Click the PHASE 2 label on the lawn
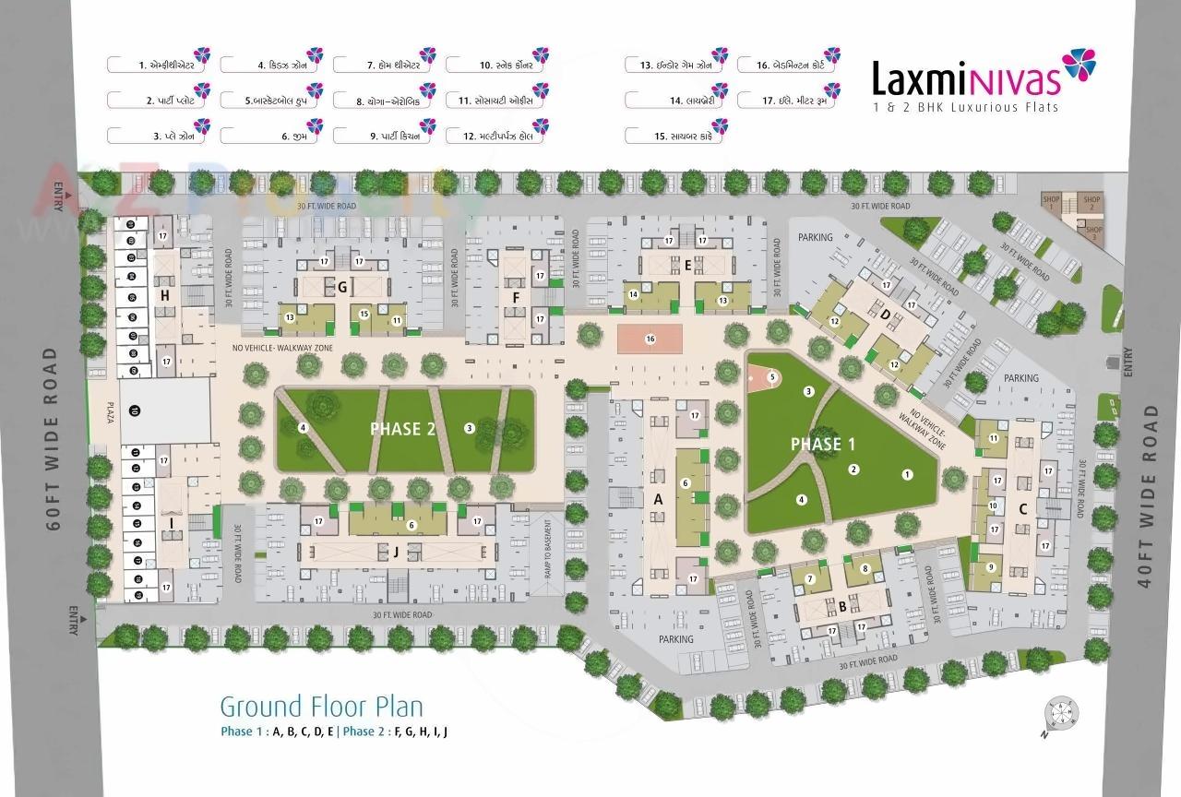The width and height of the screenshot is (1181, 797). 402,429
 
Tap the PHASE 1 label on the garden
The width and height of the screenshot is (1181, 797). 823,444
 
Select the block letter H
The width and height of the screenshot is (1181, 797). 165,295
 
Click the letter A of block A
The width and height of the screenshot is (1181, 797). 659,498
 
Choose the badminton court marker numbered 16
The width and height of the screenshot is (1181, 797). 650,339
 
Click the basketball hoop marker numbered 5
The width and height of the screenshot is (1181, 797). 771,376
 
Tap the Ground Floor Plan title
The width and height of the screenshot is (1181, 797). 321,707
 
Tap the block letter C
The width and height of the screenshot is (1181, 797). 1022,509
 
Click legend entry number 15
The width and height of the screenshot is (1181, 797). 675,136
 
